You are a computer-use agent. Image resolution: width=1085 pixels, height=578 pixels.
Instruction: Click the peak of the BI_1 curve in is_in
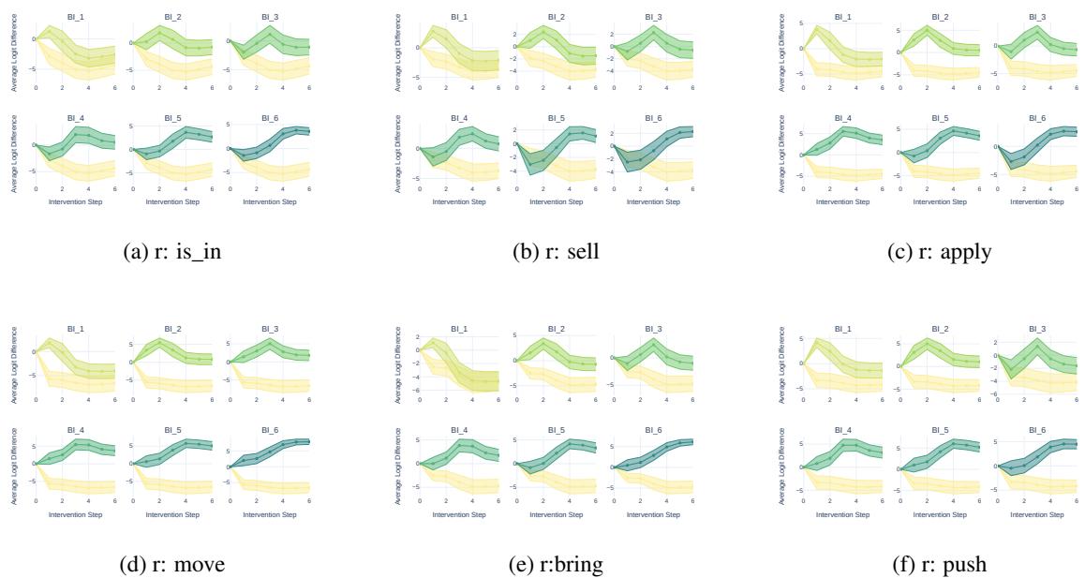click(x=49, y=25)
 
